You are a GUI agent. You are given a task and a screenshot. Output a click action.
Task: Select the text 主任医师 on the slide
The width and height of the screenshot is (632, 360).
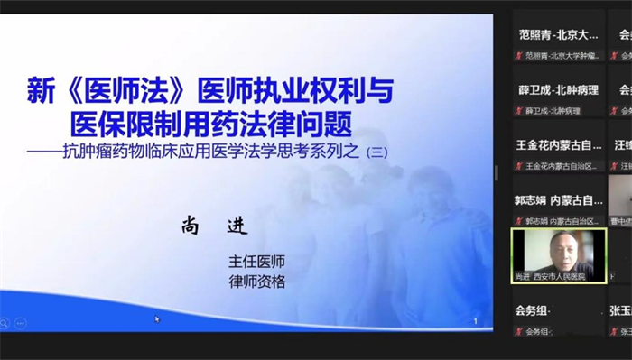(257, 261)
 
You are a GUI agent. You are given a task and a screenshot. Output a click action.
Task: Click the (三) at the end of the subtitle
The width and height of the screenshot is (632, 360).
(373, 153)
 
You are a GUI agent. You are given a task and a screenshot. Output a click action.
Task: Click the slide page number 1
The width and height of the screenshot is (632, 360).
(476, 320)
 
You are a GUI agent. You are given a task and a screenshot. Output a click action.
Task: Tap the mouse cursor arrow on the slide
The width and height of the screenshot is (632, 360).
(157, 318)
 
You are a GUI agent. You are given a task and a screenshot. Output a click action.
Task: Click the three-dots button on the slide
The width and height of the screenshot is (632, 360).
(20, 322)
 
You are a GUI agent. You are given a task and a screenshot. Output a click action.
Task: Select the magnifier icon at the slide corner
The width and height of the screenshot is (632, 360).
(5, 322)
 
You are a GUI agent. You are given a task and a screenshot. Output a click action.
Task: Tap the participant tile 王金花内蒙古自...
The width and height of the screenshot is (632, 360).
(558, 144)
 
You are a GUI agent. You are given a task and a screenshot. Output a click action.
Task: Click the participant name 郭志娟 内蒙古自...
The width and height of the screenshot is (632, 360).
(558, 200)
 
